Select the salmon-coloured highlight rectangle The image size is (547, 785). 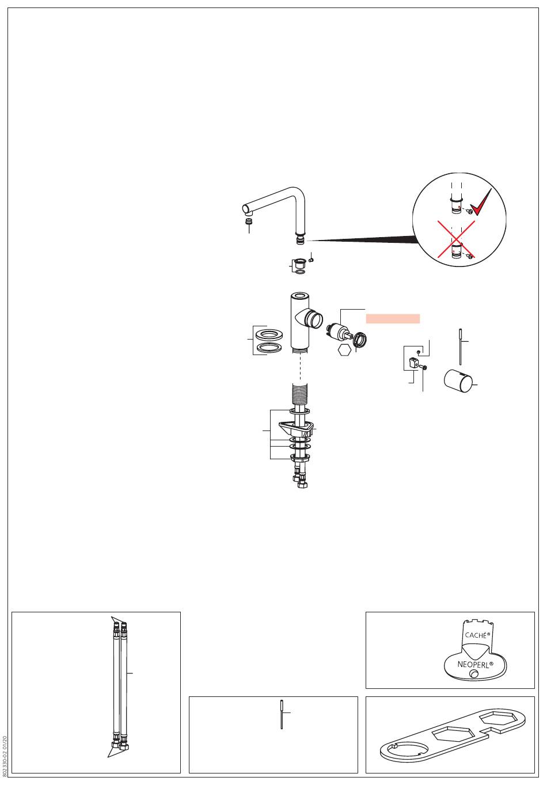(x=393, y=319)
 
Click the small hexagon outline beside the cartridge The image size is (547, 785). (x=345, y=349)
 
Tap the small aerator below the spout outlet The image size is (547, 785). (x=249, y=222)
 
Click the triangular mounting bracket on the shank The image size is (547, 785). (x=297, y=428)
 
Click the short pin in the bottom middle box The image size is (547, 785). (x=282, y=714)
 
